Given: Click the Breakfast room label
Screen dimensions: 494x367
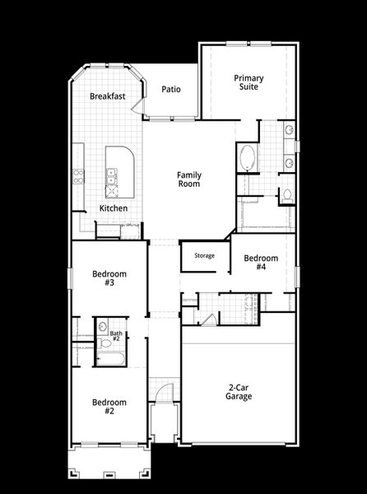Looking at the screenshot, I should [x=108, y=96].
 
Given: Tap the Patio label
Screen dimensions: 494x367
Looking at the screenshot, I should [x=170, y=90].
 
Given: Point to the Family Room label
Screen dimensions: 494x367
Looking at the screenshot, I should [x=189, y=179].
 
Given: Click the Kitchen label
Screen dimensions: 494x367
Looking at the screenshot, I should [x=114, y=208].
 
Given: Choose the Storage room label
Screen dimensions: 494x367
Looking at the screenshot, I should [x=205, y=256].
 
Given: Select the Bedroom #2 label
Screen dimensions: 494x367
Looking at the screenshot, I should [x=109, y=407].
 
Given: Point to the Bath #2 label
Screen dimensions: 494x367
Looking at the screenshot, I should [x=116, y=336].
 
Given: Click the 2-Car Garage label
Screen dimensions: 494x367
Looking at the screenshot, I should [x=239, y=391].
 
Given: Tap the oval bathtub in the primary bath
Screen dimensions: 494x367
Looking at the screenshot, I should [x=246, y=158].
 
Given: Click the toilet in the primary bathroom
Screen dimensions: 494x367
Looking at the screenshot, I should [x=286, y=196].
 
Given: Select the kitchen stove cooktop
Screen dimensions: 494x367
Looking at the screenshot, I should [x=80, y=175].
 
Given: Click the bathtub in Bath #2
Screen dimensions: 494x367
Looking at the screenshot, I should [x=110, y=360].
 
